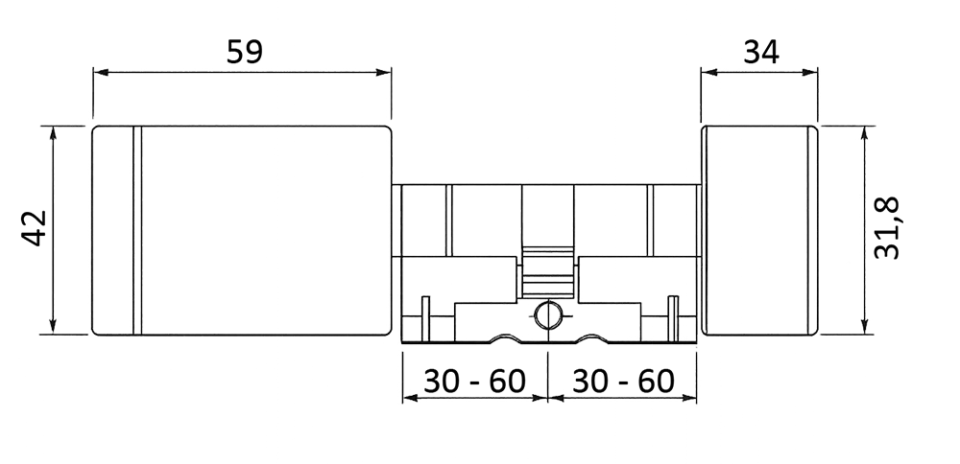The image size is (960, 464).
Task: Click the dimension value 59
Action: [244, 52]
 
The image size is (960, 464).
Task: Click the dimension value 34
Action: [761, 52]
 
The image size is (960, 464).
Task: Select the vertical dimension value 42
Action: [35, 228]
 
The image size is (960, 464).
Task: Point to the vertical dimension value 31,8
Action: [886, 228]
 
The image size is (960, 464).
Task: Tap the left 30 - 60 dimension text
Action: [474, 382]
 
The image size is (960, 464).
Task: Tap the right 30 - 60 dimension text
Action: [623, 382]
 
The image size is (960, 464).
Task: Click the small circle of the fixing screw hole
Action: [548, 314]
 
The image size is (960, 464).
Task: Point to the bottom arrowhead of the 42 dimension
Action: [53, 327]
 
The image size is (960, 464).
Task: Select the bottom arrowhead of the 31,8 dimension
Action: [865, 327]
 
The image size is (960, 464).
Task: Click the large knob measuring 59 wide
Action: [241, 230]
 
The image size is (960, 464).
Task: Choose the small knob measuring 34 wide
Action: [759, 230]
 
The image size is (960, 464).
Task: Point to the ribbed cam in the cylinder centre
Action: [548, 272]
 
